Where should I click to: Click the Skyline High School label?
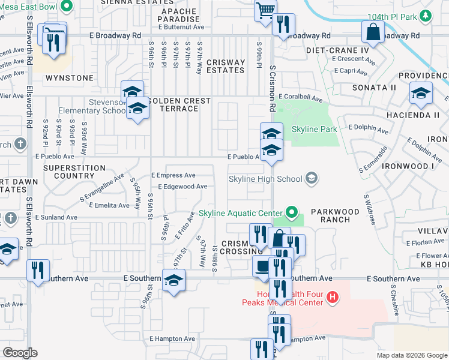click(x=265, y=179)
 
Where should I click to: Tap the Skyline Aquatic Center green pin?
click(x=292, y=212)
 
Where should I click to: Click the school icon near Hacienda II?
click(x=421, y=92)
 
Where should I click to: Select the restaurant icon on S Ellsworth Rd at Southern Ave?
click(x=37, y=269)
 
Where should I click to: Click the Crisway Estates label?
click(x=225, y=66)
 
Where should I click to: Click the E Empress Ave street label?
click(x=173, y=175)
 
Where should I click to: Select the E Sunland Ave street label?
click(x=56, y=217)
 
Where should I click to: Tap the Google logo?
click(x=20, y=353)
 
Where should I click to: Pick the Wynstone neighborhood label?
click(x=71, y=78)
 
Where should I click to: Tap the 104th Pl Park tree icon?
click(x=426, y=16)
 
